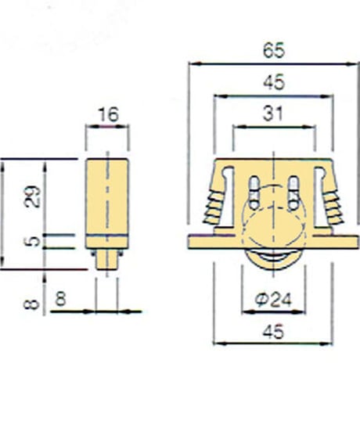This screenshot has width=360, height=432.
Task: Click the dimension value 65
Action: (273, 50)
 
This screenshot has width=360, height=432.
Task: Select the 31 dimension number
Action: (273, 113)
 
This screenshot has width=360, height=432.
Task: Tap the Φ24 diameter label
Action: (272, 300)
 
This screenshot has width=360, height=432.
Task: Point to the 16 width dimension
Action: (109, 114)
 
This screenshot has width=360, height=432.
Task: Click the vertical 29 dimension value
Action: (33, 196)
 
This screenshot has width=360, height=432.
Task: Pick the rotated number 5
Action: (33, 242)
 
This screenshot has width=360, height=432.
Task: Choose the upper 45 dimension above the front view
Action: (273, 82)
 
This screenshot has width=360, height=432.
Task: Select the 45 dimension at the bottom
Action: (273, 332)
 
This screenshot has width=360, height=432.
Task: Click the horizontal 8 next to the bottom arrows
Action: (61, 299)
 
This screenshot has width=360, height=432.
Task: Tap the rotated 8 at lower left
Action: (31, 304)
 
